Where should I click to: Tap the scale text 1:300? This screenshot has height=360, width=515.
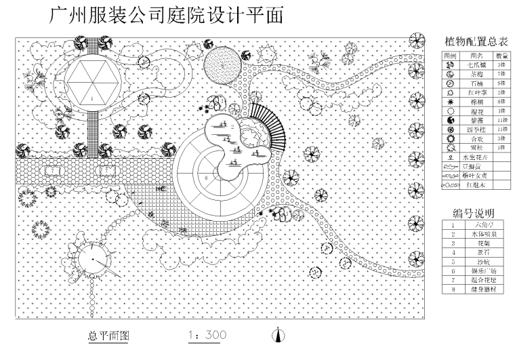207,335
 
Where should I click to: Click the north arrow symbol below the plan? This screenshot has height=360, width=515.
276,334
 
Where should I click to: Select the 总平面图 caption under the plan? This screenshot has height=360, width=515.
108,335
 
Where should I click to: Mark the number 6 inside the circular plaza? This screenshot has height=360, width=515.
206,177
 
